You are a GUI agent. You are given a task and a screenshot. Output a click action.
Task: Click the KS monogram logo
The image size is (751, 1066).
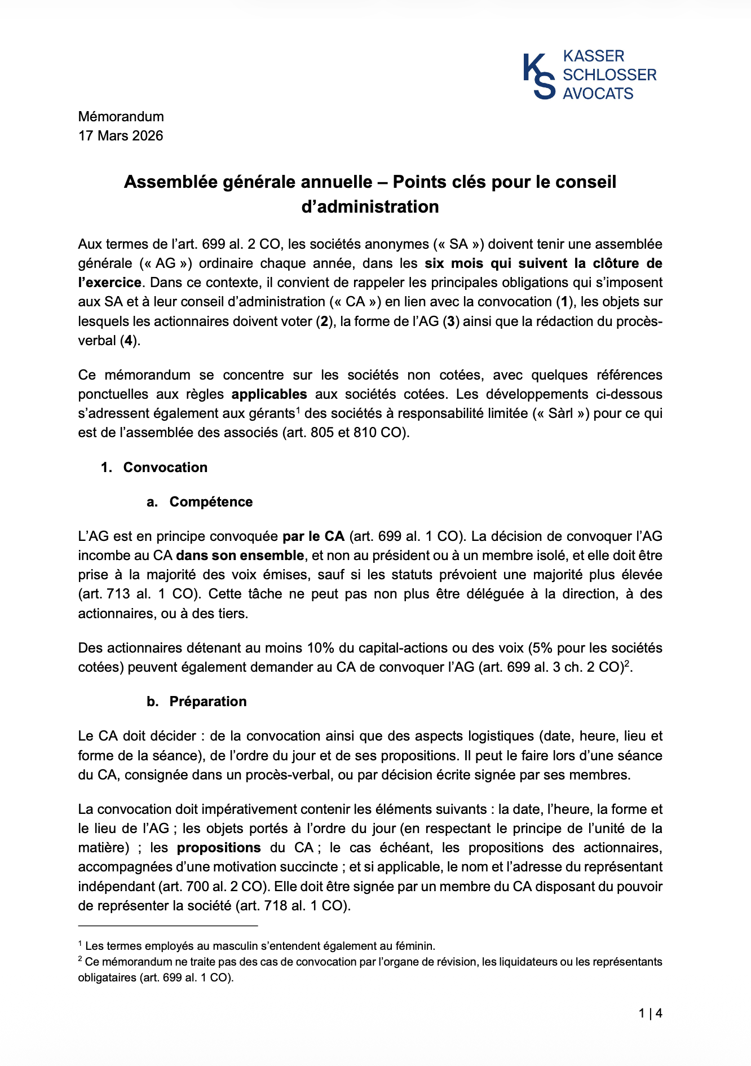538,76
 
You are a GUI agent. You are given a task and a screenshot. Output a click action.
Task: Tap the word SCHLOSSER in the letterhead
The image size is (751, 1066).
609,75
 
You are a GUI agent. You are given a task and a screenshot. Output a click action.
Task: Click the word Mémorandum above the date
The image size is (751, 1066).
121,117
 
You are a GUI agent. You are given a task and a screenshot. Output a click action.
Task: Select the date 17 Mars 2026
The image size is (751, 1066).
121,136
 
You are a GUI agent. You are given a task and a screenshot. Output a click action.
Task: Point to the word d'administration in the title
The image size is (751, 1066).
370,207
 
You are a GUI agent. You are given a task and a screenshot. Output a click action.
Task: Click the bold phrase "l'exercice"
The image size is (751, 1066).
109,283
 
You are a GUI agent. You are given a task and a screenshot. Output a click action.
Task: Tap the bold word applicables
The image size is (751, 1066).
269,394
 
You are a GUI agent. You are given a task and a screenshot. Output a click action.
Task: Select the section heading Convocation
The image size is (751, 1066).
165,468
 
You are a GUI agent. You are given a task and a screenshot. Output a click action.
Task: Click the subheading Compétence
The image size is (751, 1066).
211,502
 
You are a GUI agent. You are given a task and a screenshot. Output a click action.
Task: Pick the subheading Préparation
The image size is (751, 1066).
208,702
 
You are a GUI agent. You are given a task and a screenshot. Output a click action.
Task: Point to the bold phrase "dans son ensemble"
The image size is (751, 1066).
240,556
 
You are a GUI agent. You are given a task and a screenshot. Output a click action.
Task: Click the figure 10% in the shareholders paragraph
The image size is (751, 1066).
319,648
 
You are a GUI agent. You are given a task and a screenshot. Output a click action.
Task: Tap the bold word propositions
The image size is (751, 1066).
219,848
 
